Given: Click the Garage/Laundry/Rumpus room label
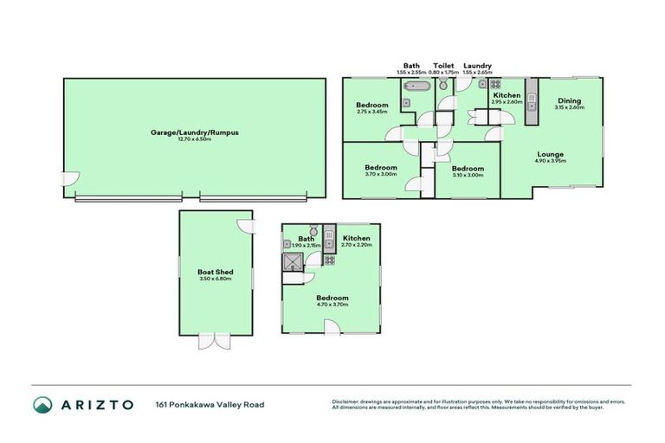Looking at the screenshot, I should pos(194,132).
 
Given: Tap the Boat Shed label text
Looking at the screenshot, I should pos(215,272).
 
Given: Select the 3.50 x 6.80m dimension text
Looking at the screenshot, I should pos(215,279).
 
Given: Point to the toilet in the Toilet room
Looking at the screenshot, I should pos(443,85).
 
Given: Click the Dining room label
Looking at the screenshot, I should pos(569,100).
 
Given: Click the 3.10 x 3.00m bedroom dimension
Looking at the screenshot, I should pos(467,174).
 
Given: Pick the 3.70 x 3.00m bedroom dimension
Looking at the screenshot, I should pos(380,174).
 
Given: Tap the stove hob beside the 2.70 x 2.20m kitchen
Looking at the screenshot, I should pos(330,260).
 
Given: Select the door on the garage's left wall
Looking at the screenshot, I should pos(69,179).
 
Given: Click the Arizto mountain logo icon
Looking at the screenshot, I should pos(42,404).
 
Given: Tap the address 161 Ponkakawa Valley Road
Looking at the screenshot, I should pos(210,404).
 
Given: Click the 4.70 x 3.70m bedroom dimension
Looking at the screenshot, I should pos(332,304).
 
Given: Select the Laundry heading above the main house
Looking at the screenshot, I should pos(477,66).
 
